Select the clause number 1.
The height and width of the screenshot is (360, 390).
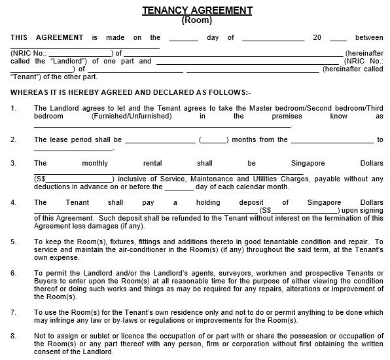pos(14,107)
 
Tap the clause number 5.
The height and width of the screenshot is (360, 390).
pos(14,242)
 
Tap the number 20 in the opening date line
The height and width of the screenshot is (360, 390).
pos(317,38)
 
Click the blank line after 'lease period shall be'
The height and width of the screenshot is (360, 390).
pos(160,140)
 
